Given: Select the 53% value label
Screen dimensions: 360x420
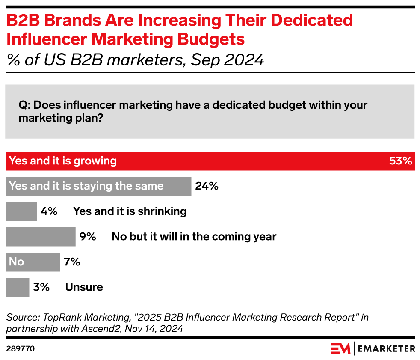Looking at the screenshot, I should pyautogui.click(x=400, y=161).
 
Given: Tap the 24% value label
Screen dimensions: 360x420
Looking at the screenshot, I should pyautogui.click(x=207, y=186).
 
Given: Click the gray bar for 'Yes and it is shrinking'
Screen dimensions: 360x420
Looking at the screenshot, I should pyautogui.click(x=21, y=211).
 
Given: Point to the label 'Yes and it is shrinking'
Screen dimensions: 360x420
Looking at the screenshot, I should pyautogui.click(x=130, y=211).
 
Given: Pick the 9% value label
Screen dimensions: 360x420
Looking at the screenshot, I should pyautogui.click(x=88, y=237).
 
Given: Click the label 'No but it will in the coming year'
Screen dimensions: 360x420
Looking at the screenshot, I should pyautogui.click(x=194, y=237).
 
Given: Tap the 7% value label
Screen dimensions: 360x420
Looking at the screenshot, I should pyautogui.click(x=72, y=262).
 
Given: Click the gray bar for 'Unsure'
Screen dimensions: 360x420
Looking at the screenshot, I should pyautogui.click(x=18, y=287).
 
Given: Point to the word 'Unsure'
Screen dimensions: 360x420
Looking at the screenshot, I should pyautogui.click(x=84, y=287).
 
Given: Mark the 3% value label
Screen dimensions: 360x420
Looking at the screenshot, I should pyautogui.click(x=41, y=287).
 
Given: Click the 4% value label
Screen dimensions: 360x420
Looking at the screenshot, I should pyautogui.click(x=49, y=211).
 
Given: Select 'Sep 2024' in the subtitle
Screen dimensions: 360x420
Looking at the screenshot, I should pyautogui.click(x=227, y=60).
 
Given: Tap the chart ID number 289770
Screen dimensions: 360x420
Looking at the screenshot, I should pyautogui.click(x=20, y=349).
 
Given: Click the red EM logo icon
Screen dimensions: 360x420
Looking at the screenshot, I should pyautogui.click(x=340, y=348).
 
